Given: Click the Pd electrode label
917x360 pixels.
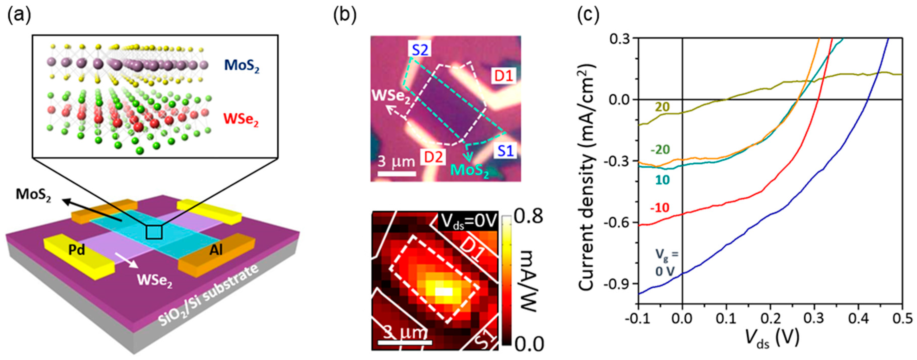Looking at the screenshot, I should click(x=77, y=250).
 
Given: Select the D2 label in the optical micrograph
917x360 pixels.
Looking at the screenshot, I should click(x=433, y=157).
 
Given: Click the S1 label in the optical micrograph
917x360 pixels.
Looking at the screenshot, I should click(x=505, y=151).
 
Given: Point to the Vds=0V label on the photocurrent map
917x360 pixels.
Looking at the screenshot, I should click(x=468, y=221).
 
